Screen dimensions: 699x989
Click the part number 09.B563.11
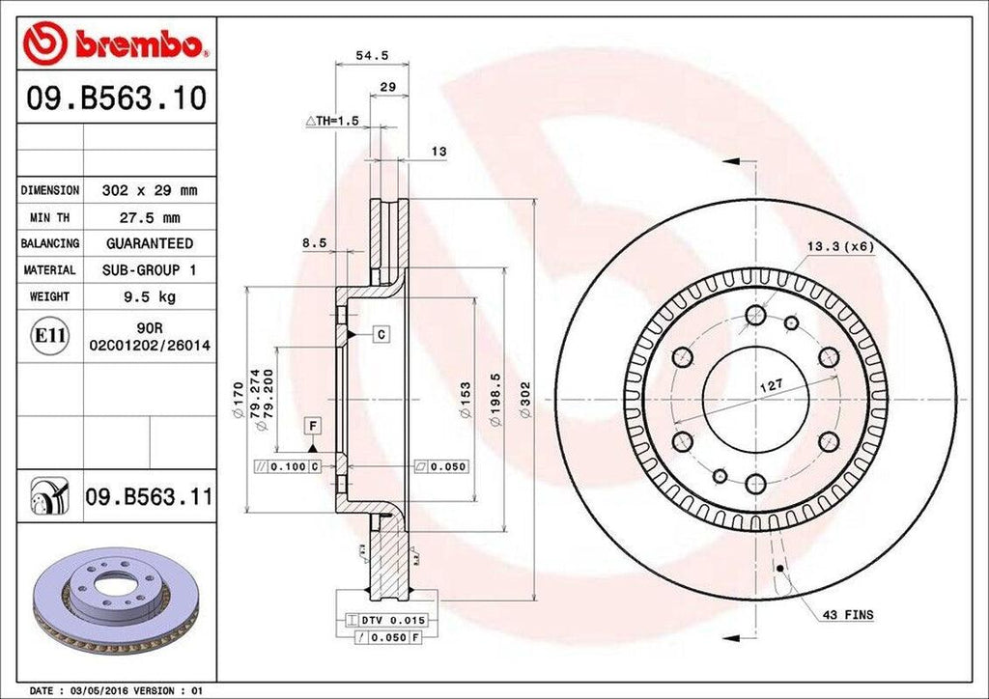[149, 497]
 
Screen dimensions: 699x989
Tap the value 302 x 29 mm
[149, 190]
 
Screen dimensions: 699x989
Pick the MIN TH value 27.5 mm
[149, 217]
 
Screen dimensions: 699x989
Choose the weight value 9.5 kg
[149, 296]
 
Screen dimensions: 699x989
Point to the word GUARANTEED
[149, 243]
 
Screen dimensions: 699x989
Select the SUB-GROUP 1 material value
[149, 270]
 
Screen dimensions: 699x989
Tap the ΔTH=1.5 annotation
[332, 121]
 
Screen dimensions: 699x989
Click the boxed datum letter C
[381, 334]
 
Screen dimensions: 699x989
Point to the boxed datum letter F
[313, 425]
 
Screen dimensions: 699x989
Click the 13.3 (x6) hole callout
[840, 246]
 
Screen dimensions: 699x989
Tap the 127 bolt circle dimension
[770, 385]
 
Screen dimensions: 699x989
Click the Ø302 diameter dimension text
[526, 401]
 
